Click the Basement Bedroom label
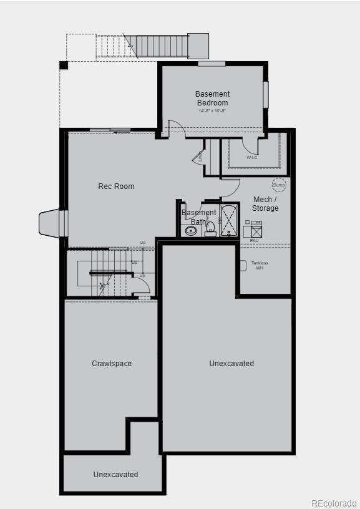[x=212, y=99]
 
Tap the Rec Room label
[x=116, y=187]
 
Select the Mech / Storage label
[x=265, y=204]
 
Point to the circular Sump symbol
[x=279, y=185]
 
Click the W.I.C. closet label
[x=252, y=158]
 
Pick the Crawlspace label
[x=112, y=364]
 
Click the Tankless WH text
[x=260, y=265]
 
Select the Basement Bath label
[x=198, y=217]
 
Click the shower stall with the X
[x=229, y=220]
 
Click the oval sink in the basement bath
[x=191, y=230]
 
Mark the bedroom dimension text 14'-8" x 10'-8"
[x=212, y=111]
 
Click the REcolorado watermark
[x=334, y=503]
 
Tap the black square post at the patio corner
[x=64, y=65]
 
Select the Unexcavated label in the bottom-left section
[x=115, y=475]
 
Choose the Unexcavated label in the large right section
[x=231, y=364]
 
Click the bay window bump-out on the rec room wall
[x=51, y=223]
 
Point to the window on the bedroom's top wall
[x=212, y=64]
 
